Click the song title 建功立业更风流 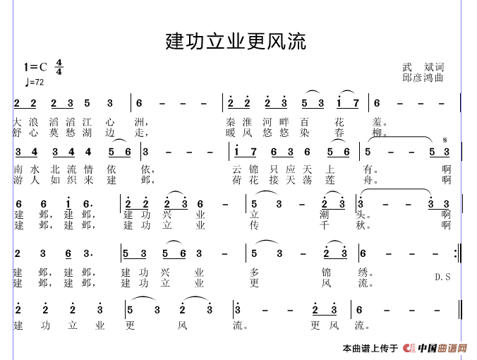(236, 41)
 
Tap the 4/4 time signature (59, 67)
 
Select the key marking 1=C (36, 67)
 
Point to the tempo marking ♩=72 (35, 82)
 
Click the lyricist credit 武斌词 (423, 67)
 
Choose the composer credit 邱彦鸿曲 (423, 78)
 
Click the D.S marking (442, 277)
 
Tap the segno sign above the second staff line (445, 140)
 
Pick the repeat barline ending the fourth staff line (458, 253)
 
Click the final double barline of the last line (460, 309)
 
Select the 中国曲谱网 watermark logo (435, 348)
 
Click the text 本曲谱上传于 (370, 348)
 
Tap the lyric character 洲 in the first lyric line (139, 122)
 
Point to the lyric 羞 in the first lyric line (378, 122)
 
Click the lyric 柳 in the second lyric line (378, 133)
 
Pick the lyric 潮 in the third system (325, 215)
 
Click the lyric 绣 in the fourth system (363, 272)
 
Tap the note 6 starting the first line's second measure (139, 103)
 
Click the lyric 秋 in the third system (361, 225)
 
